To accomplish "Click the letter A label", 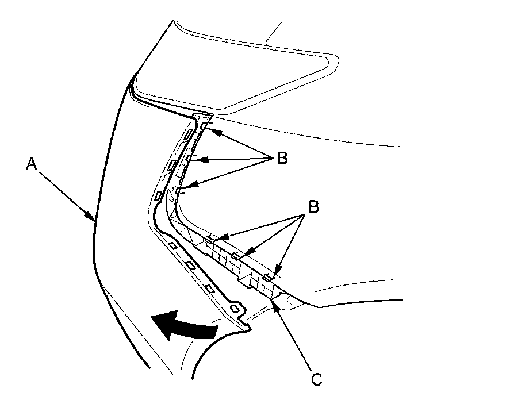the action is [32, 164].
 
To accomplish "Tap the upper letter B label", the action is [282, 159].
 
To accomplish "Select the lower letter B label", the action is [313, 206].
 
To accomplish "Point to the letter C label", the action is [316, 379].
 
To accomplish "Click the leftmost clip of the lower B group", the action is [212, 238].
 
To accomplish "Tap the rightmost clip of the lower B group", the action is [267, 278].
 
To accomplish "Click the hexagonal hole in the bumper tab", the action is [236, 309].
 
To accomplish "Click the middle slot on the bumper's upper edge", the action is [172, 166].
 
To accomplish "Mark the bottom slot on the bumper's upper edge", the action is [159, 196].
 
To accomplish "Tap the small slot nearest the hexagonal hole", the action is [210, 287].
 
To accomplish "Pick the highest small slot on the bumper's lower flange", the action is [172, 245].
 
